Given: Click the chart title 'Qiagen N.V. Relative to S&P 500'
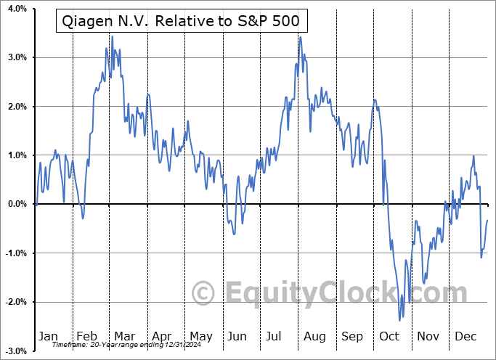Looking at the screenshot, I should (x=182, y=22).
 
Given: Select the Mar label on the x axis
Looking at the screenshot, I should (x=124, y=336).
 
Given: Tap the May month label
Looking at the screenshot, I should (x=201, y=336).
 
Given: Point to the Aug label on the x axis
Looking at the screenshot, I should (x=315, y=336).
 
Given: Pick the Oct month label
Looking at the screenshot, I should (x=389, y=336).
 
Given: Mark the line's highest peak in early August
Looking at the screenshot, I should (x=300, y=37).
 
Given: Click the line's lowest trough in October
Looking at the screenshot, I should (x=399, y=320).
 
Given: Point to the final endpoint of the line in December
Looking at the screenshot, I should (x=487, y=220).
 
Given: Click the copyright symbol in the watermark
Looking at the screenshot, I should (x=203, y=293).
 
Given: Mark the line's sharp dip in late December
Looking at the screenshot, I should (x=481, y=257).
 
